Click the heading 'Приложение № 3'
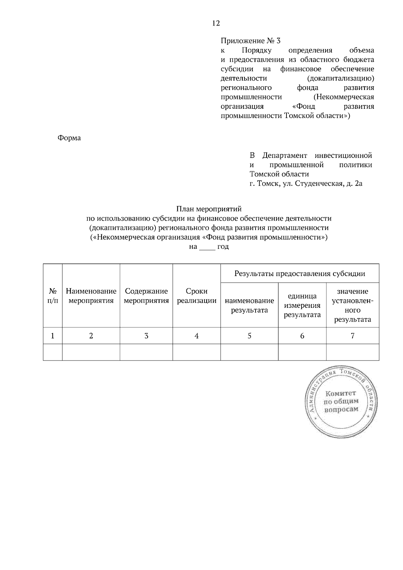(x=250, y=41)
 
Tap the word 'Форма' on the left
(x=69, y=138)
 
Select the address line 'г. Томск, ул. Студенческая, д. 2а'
(x=306, y=184)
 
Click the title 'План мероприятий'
(x=209, y=209)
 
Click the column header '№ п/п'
(x=53, y=296)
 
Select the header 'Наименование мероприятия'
(x=91, y=296)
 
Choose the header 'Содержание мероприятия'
(x=146, y=296)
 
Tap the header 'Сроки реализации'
(x=196, y=296)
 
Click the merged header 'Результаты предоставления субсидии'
(x=300, y=274)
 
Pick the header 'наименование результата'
(x=249, y=305)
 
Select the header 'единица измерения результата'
(x=302, y=305)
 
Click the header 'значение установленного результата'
(x=353, y=305)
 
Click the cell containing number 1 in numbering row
(x=53, y=335)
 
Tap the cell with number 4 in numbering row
(x=196, y=335)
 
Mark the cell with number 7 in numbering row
(x=353, y=335)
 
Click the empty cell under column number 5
(x=249, y=352)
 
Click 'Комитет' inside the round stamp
(x=341, y=393)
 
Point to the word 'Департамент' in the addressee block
(x=285, y=156)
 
